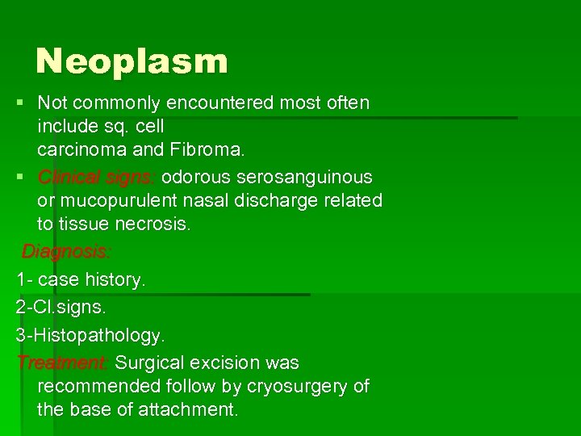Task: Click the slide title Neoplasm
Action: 132,61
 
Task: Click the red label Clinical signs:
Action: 100,177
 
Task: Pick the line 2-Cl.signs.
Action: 61,308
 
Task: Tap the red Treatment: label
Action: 64,363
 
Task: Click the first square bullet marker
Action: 20,103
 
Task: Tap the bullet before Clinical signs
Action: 20,177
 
